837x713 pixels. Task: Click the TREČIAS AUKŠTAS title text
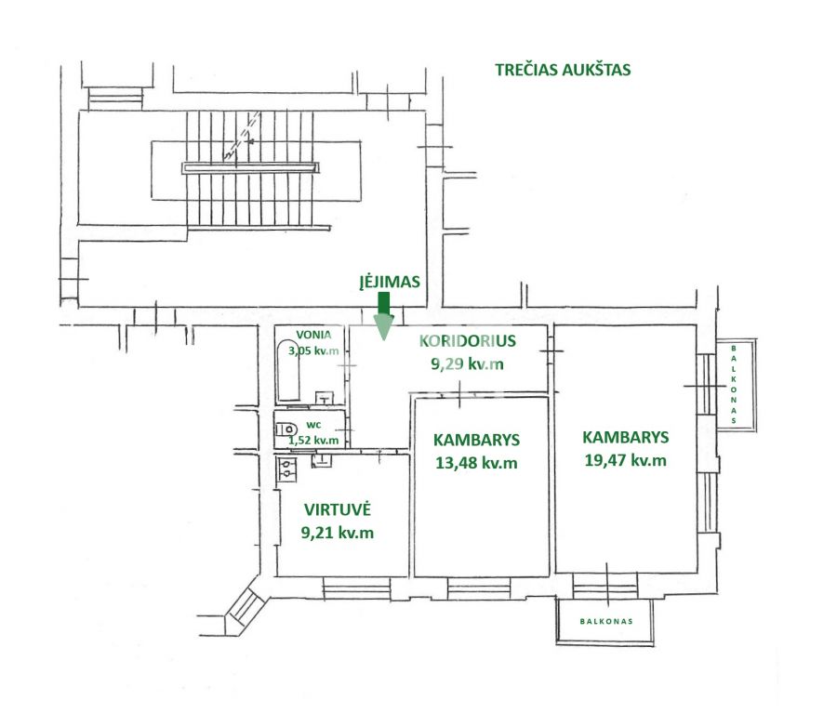click(x=563, y=69)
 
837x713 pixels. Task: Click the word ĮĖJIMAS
click(x=391, y=282)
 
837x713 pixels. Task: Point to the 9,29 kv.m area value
click(x=467, y=363)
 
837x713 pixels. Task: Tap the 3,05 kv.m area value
click(x=313, y=350)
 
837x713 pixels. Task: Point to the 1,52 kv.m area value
click(x=313, y=440)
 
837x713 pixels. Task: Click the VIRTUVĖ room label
click(x=338, y=509)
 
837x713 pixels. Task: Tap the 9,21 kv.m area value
click(x=338, y=533)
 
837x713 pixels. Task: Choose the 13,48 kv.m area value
click(x=477, y=463)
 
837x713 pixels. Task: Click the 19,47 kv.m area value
click(x=625, y=459)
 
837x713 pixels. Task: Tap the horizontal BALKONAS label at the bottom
click(x=606, y=621)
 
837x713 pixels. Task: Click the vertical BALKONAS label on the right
click(x=734, y=384)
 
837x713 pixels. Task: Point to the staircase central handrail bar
click(x=251, y=167)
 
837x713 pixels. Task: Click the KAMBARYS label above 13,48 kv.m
click(x=477, y=440)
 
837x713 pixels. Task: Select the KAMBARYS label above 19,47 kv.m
click(x=625, y=436)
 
